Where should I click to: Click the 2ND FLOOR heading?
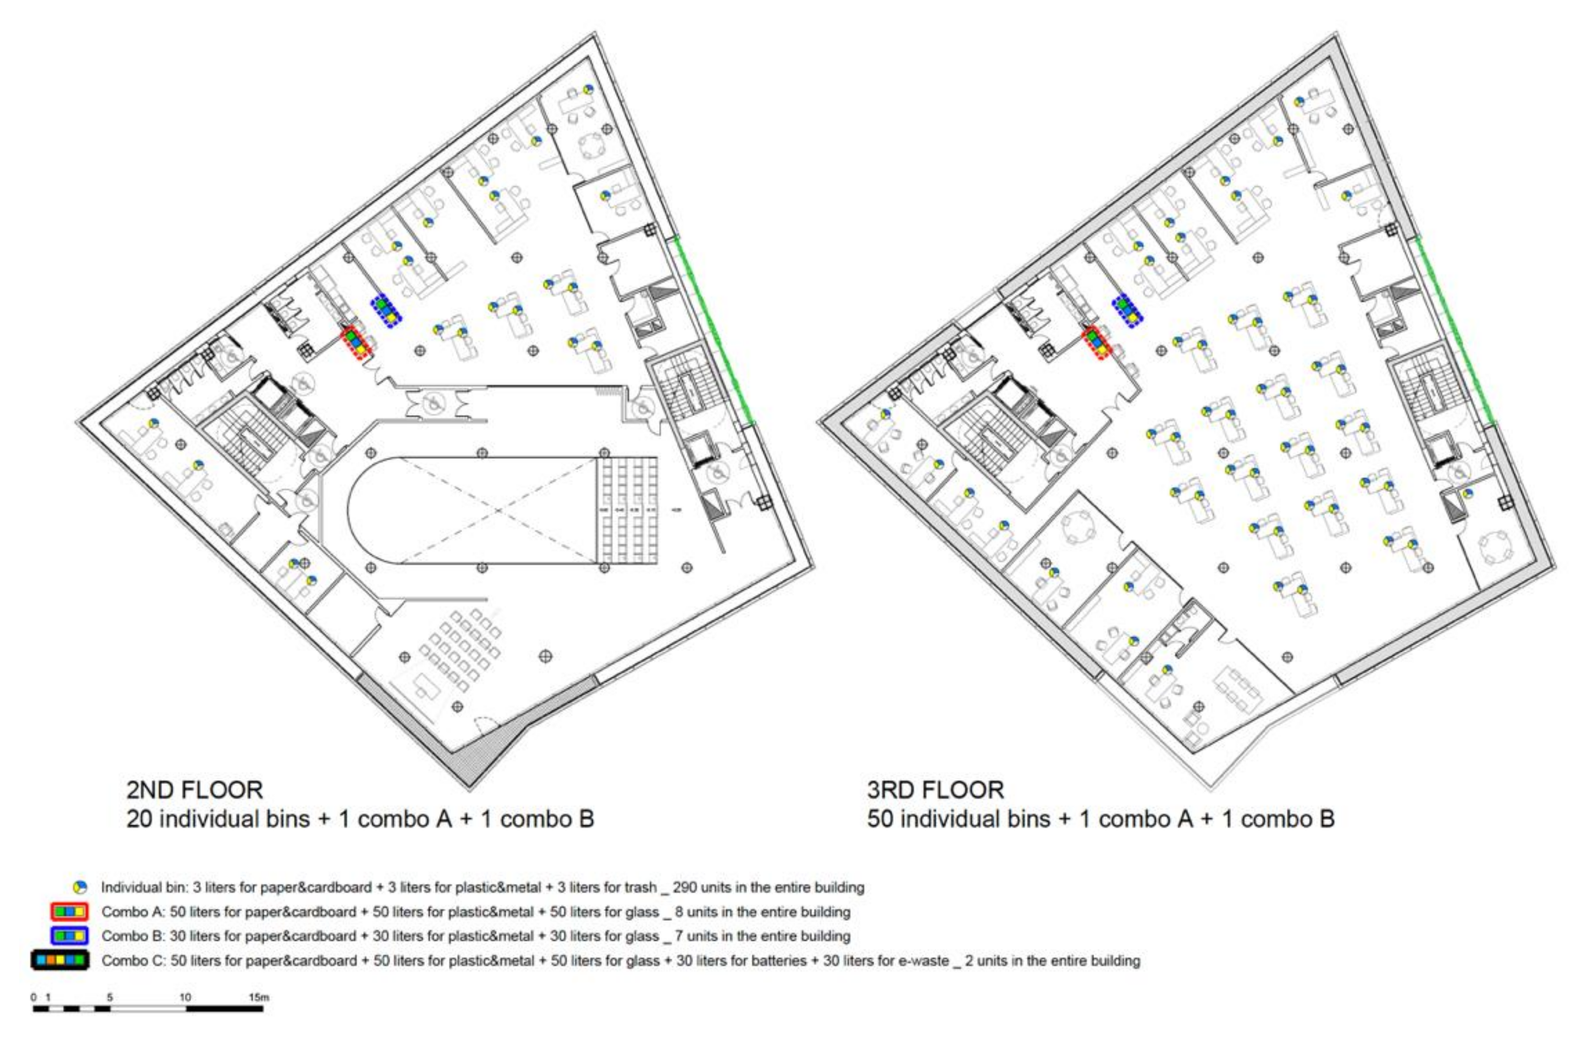(x=194, y=790)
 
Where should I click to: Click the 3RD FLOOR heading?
(x=935, y=790)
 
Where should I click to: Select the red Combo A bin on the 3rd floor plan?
(x=1097, y=343)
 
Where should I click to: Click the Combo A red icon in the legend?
(x=69, y=912)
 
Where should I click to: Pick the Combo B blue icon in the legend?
(x=69, y=936)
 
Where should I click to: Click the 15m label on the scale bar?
(x=259, y=997)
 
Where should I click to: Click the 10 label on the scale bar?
(x=185, y=997)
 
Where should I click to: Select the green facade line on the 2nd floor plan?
(x=711, y=332)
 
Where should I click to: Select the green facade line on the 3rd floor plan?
(x=1453, y=332)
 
